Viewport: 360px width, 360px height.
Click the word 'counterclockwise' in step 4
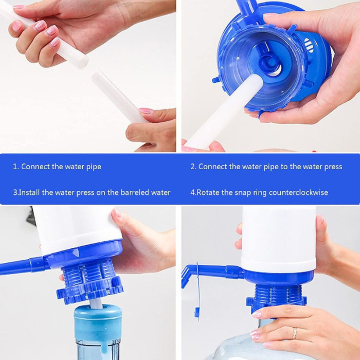point(297,193)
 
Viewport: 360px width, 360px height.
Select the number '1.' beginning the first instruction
point(16,167)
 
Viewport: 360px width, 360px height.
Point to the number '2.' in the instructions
point(193,167)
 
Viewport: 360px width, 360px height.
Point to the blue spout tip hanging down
point(196,312)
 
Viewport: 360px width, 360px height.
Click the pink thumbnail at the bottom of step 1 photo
point(146,111)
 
